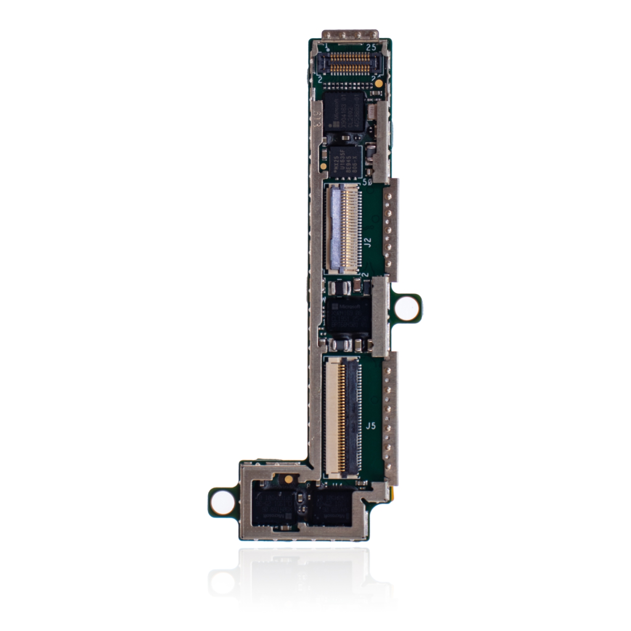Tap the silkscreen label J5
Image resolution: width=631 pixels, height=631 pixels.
point(370,426)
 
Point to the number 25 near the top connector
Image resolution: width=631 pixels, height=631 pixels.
point(371,48)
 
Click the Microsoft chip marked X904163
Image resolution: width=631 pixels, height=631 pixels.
point(343,112)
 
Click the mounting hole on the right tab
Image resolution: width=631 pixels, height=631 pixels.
point(406,306)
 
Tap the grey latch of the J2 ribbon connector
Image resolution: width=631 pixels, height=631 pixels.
point(336,227)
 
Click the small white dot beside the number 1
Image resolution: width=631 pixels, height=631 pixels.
point(328,50)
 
